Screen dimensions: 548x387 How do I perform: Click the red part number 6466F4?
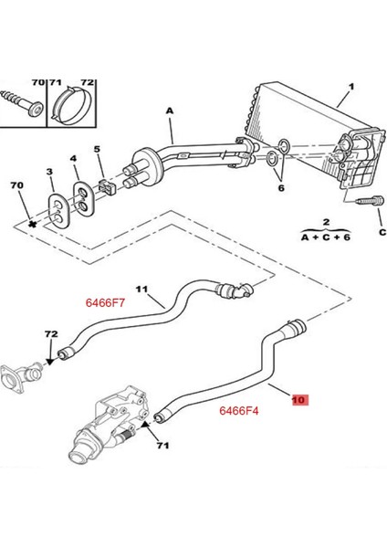tap(240, 411)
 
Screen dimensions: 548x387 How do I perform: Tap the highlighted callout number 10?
tap(300, 399)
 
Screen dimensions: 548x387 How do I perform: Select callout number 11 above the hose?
tap(142, 290)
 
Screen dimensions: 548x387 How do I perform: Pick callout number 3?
tap(50, 171)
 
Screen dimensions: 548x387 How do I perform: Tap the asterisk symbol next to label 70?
tap(32, 222)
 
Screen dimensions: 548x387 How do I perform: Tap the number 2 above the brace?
tap(323, 222)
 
